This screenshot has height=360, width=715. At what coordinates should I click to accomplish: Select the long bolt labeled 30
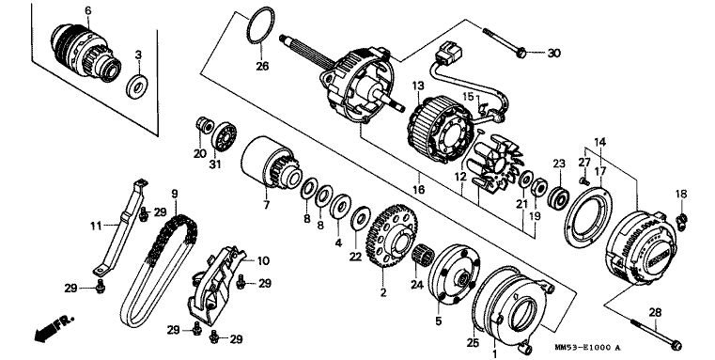click(x=505, y=43)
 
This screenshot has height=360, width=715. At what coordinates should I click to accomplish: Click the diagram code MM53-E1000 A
click(x=588, y=347)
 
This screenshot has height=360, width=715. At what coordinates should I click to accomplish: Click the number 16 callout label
click(x=418, y=188)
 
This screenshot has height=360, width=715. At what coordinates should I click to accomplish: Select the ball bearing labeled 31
click(x=224, y=137)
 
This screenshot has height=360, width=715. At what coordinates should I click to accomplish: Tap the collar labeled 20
click(x=205, y=125)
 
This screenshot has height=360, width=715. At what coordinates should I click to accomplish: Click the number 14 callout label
click(x=599, y=142)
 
